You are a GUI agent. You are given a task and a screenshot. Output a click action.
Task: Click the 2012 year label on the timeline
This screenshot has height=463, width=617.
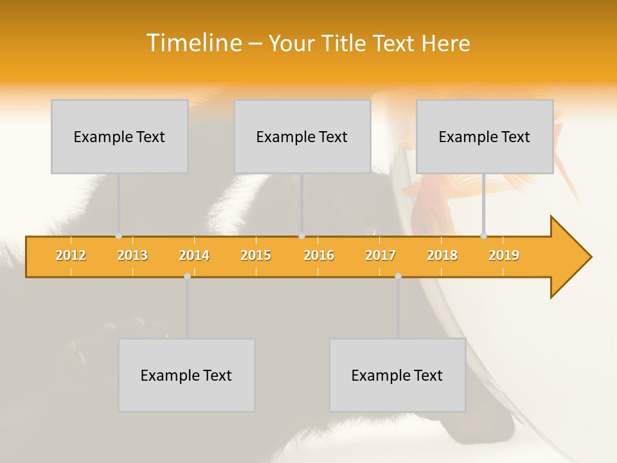tap(71, 255)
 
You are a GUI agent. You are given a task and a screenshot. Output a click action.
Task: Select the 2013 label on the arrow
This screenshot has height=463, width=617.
tap(132, 255)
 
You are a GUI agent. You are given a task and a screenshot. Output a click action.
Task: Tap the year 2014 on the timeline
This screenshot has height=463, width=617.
tap(194, 255)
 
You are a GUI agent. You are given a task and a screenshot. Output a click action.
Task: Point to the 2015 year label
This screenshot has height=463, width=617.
tap(256, 255)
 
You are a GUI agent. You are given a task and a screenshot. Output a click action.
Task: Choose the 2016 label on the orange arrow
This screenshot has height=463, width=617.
tap(319, 255)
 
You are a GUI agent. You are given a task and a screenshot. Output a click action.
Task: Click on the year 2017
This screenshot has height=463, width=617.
tap(380, 255)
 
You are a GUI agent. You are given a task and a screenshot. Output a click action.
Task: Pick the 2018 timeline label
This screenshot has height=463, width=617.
tap(442, 255)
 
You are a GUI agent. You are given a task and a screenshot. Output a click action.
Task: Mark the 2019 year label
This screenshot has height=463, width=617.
tap(504, 255)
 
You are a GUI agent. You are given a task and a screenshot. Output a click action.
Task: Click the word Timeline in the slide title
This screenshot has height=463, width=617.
tap(193, 43)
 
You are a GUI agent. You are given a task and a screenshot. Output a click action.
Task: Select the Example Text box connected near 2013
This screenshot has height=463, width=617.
tap(120, 136)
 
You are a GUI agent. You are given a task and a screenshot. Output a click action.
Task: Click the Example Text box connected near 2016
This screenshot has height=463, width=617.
tap(302, 136)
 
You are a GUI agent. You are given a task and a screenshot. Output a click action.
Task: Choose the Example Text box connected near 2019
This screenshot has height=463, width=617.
tap(485, 136)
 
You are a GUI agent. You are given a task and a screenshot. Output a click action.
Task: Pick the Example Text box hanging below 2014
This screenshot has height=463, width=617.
tap(186, 375)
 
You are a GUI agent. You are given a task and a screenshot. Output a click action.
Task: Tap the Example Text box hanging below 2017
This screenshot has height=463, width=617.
tap(397, 375)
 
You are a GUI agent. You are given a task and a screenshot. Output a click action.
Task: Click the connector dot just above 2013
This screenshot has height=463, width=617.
tap(118, 236)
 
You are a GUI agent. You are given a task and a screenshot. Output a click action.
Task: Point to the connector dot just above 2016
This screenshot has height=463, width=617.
tap(301, 236)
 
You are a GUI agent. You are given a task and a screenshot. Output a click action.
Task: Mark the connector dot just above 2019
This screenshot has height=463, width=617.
tap(484, 236)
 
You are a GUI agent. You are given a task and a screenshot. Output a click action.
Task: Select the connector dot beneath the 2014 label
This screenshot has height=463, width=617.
tap(187, 276)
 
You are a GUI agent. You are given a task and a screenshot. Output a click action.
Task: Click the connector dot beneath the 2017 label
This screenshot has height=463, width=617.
tap(398, 276)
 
